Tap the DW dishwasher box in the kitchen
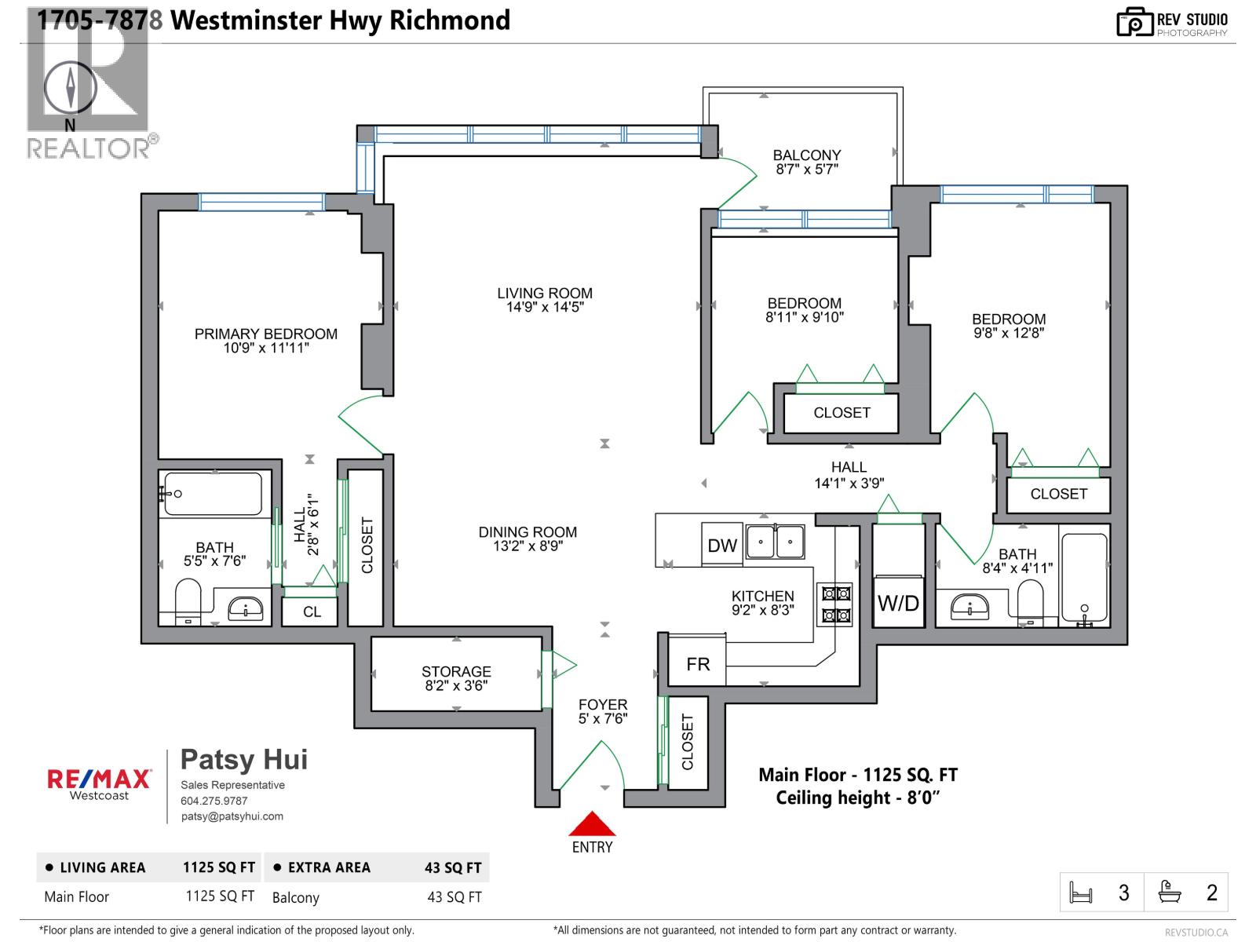click(721, 546)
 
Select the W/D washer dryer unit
click(898, 603)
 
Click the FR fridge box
click(697, 664)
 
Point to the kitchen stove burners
click(836, 604)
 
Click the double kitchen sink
click(775, 541)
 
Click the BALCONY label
click(806, 155)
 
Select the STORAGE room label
click(456, 671)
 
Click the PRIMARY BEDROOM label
click(266, 334)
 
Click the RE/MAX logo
click(100, 778)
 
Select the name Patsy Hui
click(244, 759)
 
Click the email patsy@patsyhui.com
click(232, 816)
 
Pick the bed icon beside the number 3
click(1082, 893)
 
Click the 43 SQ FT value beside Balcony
click(454, 897)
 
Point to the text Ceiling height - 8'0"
click(858, 798)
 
